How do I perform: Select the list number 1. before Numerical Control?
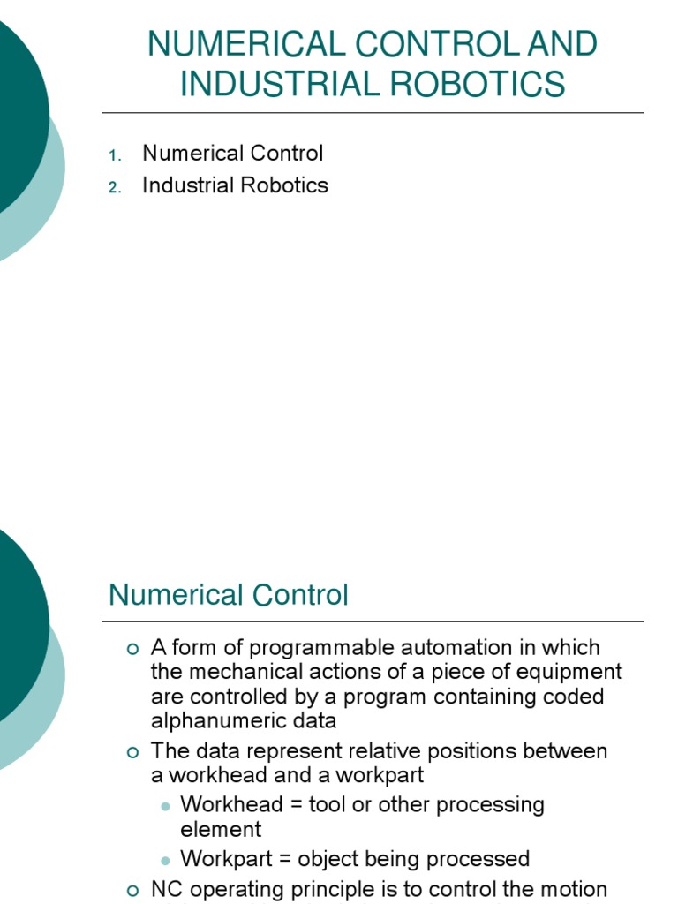(x=114, y=155)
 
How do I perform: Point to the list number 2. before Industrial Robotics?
(x=114, y=187)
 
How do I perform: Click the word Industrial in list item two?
(x=188, y=185)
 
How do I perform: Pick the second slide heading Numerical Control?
(x=229, y=595)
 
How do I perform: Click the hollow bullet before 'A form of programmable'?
(x=133, y=649)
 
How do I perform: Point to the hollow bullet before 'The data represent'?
(x=133, y=753)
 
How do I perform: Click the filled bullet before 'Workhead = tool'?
(x=165, y=807)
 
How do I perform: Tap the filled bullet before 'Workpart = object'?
(x=165, y=861)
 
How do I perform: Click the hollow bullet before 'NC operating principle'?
(x=133, y=891)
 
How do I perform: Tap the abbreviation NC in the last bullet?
(x=166, y=889)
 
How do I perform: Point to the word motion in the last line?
(x=573, y=889)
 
